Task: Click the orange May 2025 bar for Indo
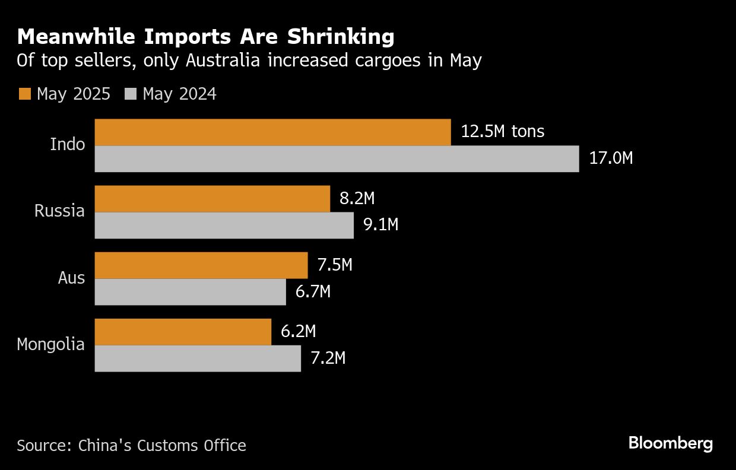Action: (273, 132)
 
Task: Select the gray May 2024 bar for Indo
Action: (337, 159)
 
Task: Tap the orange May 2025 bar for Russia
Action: (212, 199)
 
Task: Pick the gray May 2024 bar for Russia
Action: (224, 226)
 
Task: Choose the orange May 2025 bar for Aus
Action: (201, 265)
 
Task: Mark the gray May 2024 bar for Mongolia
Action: (198, 358)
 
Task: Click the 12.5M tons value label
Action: (502, 131)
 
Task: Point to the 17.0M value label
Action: (611, 158)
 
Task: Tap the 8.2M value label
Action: (357, 198)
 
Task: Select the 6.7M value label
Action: (313, 291)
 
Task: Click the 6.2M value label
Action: (299, 331)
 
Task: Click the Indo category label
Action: (68, 144)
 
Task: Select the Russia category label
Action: (59, 211)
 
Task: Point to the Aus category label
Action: (71, 278)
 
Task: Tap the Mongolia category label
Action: (51, 344)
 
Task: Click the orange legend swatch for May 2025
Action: (25, 94)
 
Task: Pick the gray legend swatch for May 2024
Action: (131, 94)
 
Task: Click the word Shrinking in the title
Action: (341, 37)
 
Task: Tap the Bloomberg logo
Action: (670, 443)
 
